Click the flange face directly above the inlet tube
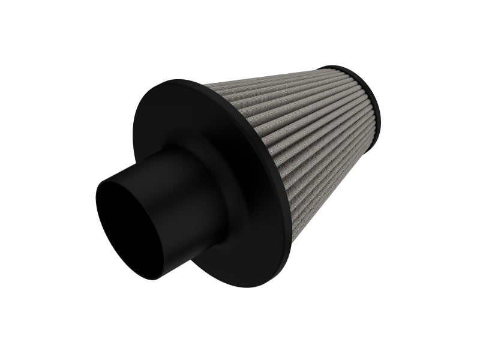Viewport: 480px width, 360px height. pyautogui.click(x=180, y=114)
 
